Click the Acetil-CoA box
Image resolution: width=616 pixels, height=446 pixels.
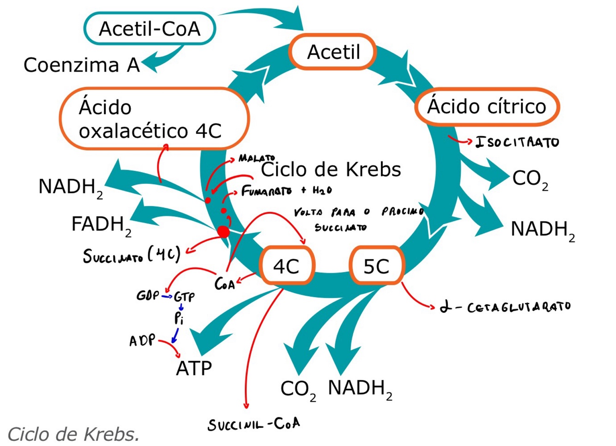pos(150,29)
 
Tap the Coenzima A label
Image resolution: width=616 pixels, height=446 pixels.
pos(81,65)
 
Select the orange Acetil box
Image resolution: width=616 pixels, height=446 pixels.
pos(333,52)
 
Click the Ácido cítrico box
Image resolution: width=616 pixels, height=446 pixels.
pos(487,107)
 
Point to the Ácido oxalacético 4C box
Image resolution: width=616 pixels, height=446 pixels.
pos(154,119)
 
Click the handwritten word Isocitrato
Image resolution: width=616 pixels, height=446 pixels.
pos(517,142)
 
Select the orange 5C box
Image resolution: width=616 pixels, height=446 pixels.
pos(376,266)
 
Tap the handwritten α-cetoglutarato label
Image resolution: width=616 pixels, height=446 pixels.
pos(506,307)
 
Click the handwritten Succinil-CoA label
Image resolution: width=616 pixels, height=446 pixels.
pos(254,424)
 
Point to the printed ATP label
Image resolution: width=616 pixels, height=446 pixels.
pos(194,368)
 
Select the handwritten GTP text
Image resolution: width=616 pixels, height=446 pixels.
pos(184,296)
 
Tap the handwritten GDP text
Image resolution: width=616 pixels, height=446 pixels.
pos(148,295)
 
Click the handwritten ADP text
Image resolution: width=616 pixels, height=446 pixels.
pos(142,341)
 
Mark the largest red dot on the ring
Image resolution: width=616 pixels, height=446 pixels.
pos(223,231)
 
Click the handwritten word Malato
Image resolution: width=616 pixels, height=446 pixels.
pos(257,158)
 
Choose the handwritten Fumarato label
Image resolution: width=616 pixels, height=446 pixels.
pos(266,191)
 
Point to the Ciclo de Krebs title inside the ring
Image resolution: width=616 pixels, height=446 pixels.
pos(331,169)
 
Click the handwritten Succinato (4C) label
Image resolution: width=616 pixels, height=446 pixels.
pos(131,255)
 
